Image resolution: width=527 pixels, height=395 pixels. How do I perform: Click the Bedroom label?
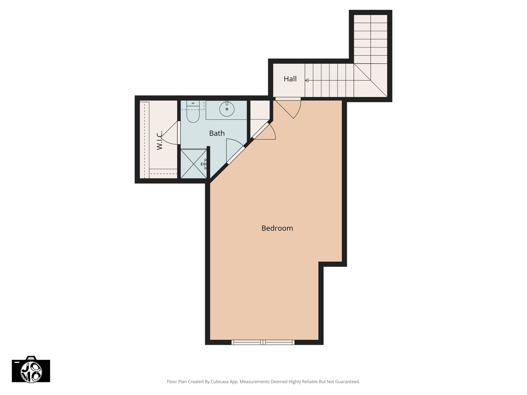(x=277, y=228)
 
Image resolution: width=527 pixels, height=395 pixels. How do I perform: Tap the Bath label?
(x=217, y=133)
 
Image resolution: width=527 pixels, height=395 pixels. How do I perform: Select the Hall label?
(x=290, y=79)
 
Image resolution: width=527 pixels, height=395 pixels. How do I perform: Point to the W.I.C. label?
(x=160, y=140)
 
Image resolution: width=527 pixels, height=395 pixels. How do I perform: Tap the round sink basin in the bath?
(x=227, y=109)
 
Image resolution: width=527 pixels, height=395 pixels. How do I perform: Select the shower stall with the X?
(x=194, y=164)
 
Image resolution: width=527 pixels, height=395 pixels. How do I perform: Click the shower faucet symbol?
(x=204, y=164)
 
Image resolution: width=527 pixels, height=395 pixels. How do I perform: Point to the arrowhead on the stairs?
(x=307, y=80)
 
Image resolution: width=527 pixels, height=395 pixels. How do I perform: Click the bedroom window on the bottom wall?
(x=263, y=342)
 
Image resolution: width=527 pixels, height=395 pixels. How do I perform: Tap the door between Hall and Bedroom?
(x=288, y=108)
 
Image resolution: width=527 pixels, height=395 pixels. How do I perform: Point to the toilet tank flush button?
(x=193, y=103)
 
